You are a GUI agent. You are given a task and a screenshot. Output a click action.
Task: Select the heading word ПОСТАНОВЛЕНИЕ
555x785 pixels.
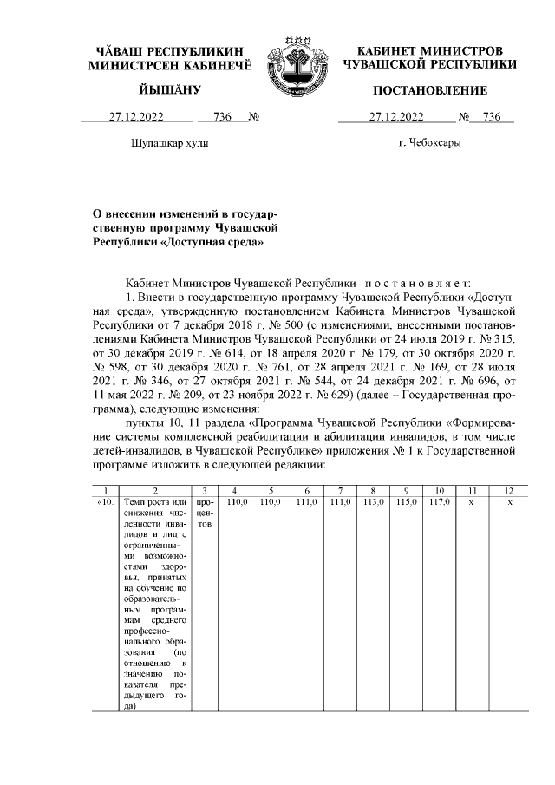tap(429, 90)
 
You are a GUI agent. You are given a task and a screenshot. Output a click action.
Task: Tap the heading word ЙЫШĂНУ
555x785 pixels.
tap(169, 90)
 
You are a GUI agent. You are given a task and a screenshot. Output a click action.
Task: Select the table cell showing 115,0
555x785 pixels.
tap(406, 502)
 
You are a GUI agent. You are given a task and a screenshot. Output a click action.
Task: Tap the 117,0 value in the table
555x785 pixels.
tap(439, 502)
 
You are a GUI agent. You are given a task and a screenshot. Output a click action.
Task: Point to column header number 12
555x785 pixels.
tap(510, 490)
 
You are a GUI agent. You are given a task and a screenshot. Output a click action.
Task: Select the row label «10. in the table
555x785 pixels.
tap(106, 502)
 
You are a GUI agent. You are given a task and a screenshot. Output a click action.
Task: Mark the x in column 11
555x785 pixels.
tap(471, 502)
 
